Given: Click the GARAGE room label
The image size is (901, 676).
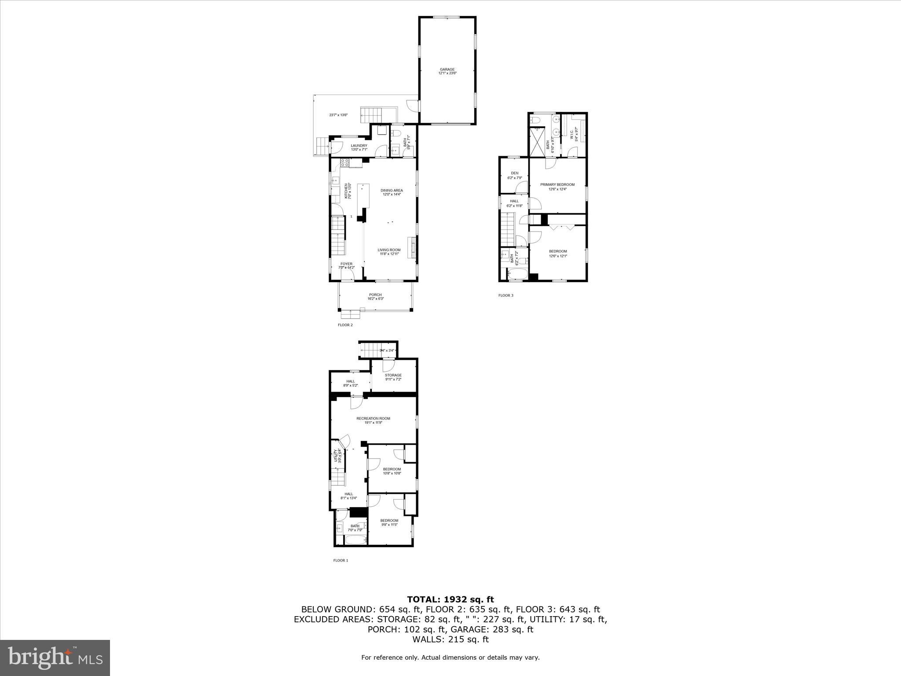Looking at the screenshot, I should [447, 70].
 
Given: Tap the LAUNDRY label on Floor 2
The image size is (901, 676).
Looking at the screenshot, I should [359, 146].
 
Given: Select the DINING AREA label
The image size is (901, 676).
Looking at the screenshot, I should [392, 191].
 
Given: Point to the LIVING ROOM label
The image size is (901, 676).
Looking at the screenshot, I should [389, 250].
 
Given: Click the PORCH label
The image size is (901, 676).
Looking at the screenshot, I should [375, 295].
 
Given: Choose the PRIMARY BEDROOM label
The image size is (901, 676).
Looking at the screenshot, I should [557, 185].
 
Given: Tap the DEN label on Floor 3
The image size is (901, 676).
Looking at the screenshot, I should [514, 173].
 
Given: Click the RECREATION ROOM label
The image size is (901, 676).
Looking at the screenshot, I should [373, 419].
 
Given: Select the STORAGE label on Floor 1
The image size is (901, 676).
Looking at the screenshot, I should [393, 375].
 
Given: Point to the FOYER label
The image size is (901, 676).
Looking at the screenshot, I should [346, 264].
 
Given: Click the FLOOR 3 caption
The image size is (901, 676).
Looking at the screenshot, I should [505, 295].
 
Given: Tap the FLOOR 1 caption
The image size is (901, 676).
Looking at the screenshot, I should [341, 560].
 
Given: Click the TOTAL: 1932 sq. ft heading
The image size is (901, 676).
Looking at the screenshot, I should [450, 599].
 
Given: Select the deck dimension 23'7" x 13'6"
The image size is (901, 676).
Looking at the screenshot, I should [338, 115].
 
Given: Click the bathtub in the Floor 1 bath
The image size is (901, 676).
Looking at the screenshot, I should [354, 539].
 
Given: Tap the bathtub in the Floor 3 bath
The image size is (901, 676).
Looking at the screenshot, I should [517, 275].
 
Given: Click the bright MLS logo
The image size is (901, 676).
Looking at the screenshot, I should [55, 658].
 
